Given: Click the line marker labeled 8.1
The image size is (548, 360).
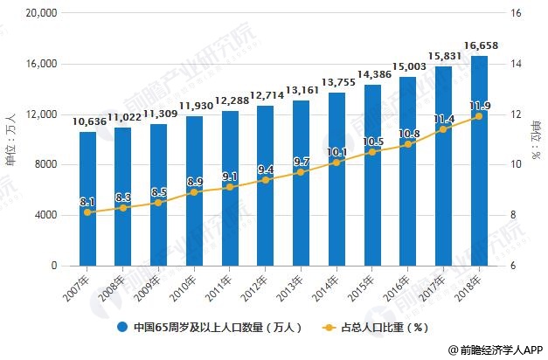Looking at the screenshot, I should (87, 212).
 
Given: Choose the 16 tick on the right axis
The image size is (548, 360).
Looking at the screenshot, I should (515, 14).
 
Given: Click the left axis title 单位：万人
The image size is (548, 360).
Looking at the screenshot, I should (10, 140).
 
